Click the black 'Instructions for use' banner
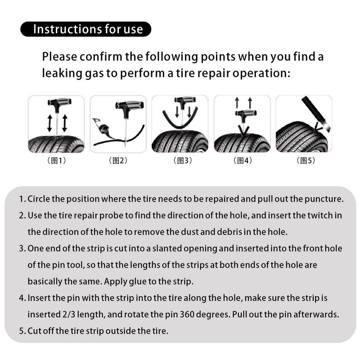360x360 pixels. (x=86, y=29)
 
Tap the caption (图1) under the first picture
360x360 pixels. (x=57, y=161)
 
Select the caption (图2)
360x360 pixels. (x=118, y=161)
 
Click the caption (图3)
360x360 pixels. (x=182, y=161)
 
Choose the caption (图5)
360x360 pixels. (x=306, y=161)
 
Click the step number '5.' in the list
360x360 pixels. (x=22, y=331)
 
